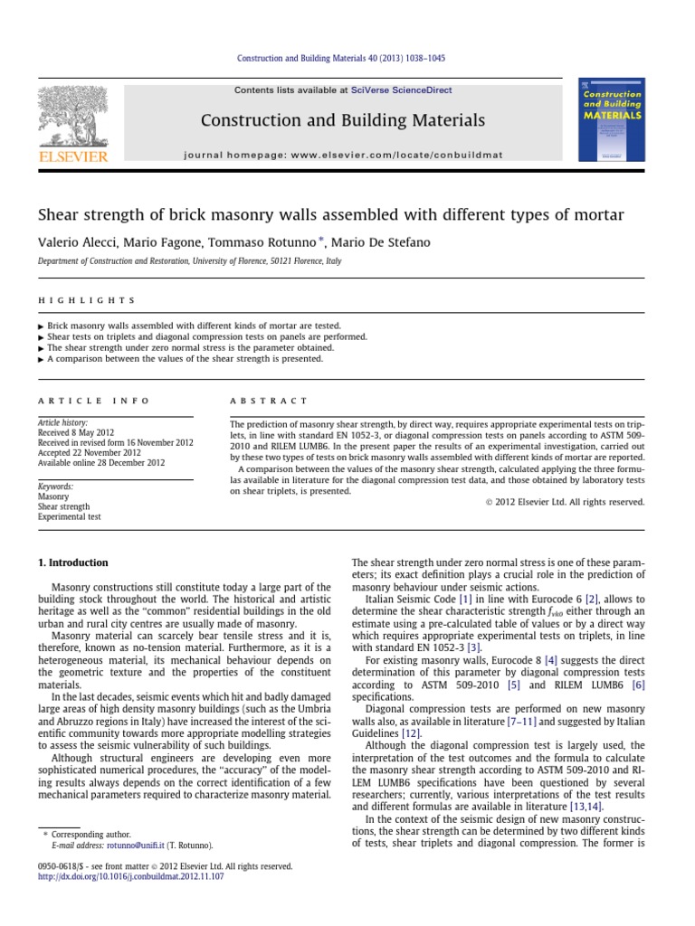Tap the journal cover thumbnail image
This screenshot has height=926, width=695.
pyautogui.click(x=612, y=120)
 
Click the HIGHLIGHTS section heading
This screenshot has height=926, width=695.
pyautogui.click(x=86, y=300)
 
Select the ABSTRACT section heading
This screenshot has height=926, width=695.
pyautogui.click(x=269, y=401)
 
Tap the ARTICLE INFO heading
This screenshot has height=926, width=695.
pyautogui.click(x=93, y=401)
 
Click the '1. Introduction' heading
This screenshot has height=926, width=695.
pyautogui.click(x=72, y=562)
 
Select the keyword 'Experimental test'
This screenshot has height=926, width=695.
pyautogui.click(x=69, y=517)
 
